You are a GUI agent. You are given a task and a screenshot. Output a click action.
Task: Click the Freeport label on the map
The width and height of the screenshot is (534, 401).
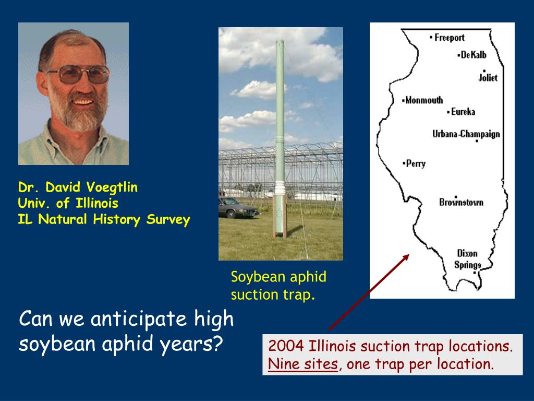[450, 38]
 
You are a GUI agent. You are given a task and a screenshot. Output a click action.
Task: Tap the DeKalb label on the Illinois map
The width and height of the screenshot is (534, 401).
[474, 54]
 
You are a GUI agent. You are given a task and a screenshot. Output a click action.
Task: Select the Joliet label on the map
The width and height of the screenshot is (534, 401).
[488, 78]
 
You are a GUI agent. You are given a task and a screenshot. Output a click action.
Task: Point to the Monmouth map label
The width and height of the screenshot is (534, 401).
[424, 100]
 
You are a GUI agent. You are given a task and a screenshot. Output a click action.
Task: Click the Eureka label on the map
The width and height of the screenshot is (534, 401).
[463, 112]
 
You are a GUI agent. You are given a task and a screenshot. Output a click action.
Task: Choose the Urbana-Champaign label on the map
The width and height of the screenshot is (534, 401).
[466, 134]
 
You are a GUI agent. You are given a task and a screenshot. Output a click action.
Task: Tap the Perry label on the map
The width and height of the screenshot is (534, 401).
[416, 163]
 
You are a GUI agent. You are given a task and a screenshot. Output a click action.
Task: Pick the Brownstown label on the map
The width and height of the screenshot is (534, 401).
[461, 202]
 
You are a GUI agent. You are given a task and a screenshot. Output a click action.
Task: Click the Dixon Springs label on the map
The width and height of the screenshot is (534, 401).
[468, 259]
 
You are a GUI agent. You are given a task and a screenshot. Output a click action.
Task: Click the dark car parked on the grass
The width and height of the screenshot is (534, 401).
[238, 207]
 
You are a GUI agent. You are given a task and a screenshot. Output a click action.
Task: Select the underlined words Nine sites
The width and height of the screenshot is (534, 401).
[303, 364]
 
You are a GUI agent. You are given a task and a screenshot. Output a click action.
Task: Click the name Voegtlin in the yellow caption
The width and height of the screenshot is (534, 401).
[112, 187]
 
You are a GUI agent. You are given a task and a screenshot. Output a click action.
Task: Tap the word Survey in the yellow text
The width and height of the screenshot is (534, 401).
[168, 220]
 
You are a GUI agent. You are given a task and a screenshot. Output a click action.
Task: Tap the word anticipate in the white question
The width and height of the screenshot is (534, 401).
[139, 320]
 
